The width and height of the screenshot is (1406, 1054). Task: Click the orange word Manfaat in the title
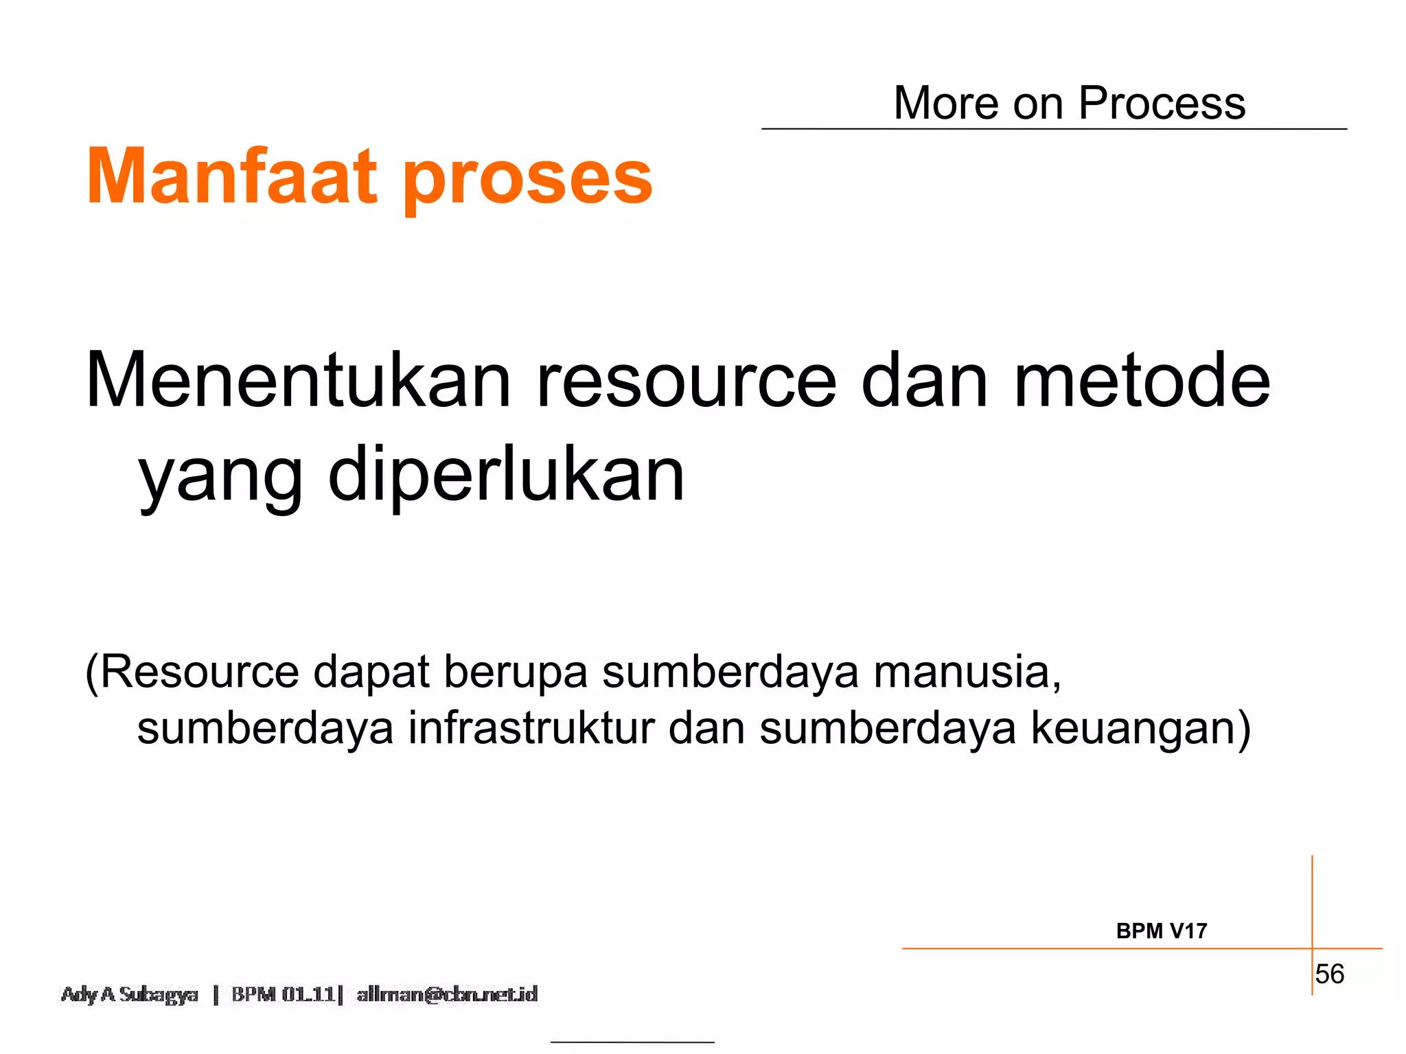(232, 176)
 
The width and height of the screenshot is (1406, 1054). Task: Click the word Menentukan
(299, 381)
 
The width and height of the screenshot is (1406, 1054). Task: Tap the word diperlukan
(506, 474)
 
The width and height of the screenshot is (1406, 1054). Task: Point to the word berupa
(516, 672)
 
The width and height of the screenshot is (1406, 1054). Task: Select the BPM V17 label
(1161, 931)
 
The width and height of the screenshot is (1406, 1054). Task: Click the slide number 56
(1329, 974)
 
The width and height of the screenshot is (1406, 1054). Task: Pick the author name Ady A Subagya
(130, 994)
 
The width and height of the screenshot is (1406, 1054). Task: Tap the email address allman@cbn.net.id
(447, 994)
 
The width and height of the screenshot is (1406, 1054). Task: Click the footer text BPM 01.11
(283, 994)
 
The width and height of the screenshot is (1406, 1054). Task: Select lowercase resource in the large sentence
(686, 381)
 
